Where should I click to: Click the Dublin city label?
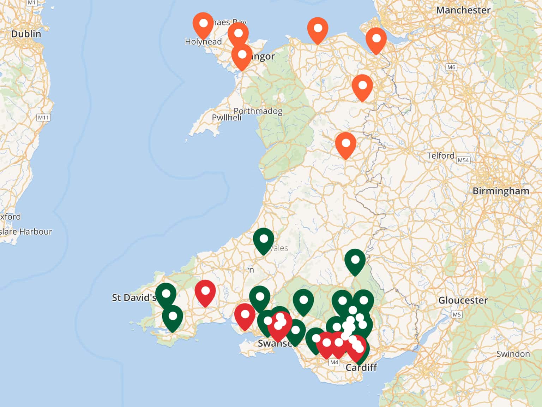coord(26,34)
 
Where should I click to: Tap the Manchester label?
coord(463,10)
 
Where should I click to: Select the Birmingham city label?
coord(500,191)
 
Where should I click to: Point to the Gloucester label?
coord(463,300)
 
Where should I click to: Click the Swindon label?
coord(513,354)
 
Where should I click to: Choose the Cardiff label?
coord(361,367)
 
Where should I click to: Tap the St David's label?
coord(134,297)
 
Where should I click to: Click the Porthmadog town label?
coord(258,111)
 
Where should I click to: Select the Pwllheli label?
coord(227,118)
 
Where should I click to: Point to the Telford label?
coord(440,155)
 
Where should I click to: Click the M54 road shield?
coord(463,160)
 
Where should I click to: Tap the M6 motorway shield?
coord(451,67)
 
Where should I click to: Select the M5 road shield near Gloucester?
coord(457,314)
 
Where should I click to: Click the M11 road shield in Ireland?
coord(43,117)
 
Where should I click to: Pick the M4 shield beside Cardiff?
coord(334,362)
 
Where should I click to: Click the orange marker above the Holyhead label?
coord(203,25)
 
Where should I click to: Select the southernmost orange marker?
coord(345,145)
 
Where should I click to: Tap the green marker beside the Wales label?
coord(263,240)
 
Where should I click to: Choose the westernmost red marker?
coord(205,293)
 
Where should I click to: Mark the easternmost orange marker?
coord(376,40)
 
